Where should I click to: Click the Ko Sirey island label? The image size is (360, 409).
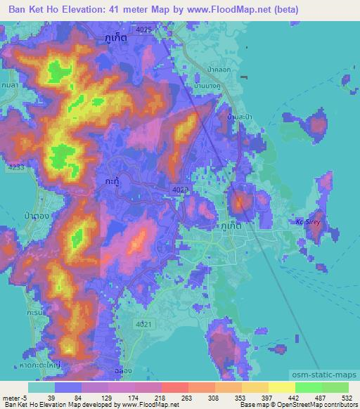click(x=307, y=222)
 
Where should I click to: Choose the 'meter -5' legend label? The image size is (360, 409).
click(x=13, y=397)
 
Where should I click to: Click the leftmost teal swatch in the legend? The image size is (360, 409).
click(x=41, y=387)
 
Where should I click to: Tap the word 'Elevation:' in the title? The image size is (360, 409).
click(x=100, y=10)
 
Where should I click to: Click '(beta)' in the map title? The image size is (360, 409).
click(x=281, y=10)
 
